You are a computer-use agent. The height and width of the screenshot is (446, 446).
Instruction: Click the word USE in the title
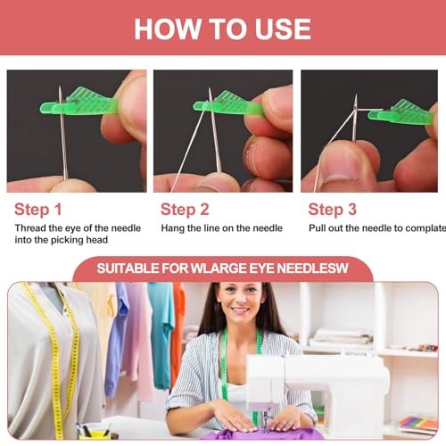point(283,29)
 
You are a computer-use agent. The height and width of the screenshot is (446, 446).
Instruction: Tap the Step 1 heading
point(38,210)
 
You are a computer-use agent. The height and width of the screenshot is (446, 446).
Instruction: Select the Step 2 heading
point(185,210)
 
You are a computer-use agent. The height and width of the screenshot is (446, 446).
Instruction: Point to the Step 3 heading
point(332,210)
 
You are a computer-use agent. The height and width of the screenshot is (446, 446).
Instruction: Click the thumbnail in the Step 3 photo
point(342,162)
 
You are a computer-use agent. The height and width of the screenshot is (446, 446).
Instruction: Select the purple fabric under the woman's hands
point(261,434)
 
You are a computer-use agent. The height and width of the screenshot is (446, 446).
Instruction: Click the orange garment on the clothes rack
point(178,333)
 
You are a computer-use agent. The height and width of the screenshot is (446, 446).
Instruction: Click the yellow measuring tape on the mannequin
point(56,357)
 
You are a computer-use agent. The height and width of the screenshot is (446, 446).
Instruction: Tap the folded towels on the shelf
point(342,338)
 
